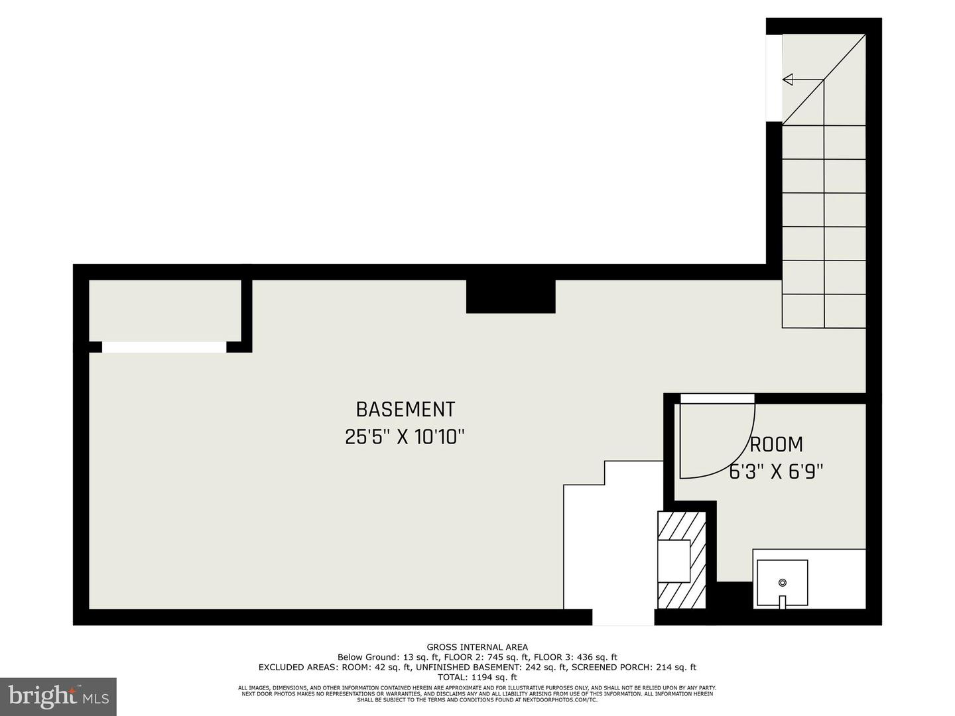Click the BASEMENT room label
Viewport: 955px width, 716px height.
405,409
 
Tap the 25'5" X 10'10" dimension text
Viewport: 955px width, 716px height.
405,438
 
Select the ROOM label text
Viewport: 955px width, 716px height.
776,444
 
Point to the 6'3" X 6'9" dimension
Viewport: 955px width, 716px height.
776,472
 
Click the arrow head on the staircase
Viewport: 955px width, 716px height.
788,80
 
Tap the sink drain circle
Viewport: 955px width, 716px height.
783,583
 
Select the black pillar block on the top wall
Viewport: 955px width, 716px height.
511,296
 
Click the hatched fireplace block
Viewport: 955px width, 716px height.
681,560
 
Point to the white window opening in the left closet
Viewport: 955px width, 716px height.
164,347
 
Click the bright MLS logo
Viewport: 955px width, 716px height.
58,696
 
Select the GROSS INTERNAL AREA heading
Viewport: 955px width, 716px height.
477,647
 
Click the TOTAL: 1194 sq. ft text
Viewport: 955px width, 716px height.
477,678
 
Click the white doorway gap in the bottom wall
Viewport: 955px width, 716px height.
623,617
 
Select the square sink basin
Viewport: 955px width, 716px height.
783,583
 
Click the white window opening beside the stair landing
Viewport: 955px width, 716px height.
774,78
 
